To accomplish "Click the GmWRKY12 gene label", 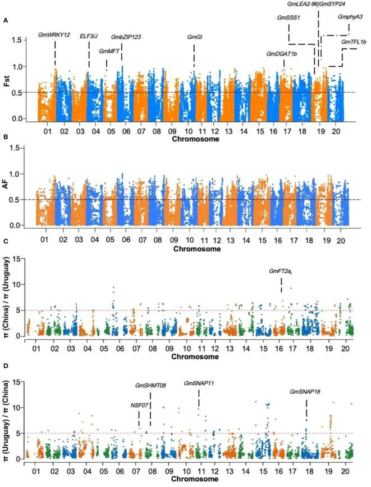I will (x=54, y=35).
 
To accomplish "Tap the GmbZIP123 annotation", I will (x=126, y=37).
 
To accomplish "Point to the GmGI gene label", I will (x=195, y=37).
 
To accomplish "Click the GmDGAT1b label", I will (x=282, y=54).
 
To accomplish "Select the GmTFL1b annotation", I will (x=353, y=42).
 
